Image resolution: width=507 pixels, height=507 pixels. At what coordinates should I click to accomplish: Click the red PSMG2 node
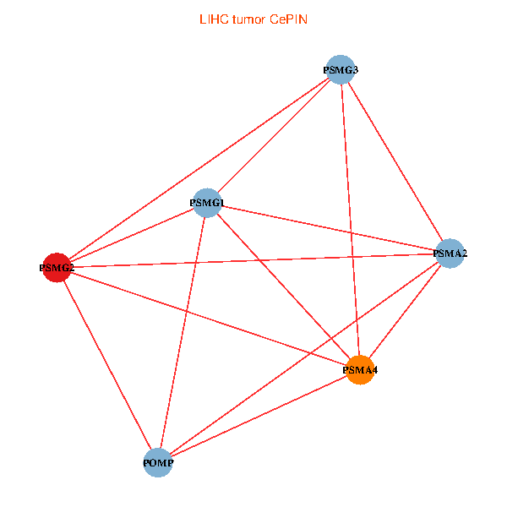57,268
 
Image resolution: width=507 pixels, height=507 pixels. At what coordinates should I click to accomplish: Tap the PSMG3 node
340,69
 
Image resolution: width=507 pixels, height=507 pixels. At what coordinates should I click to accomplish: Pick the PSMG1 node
207,203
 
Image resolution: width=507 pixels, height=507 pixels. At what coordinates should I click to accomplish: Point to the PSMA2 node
450,253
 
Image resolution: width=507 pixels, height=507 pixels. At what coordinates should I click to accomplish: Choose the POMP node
158,463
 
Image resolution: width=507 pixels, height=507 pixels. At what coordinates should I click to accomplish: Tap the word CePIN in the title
289,19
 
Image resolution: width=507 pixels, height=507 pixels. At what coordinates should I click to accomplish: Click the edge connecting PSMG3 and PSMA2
395,161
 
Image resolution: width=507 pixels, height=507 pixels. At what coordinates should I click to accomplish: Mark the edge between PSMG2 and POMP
107,365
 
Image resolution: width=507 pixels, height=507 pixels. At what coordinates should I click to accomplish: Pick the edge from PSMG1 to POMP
183,333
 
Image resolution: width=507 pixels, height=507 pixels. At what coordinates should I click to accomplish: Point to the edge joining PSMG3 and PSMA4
350,220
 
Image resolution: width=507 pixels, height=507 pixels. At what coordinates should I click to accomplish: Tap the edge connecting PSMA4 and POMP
259,417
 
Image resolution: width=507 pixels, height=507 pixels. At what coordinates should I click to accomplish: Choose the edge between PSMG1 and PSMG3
273,136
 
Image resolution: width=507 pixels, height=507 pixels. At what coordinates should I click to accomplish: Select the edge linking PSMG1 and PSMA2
328,228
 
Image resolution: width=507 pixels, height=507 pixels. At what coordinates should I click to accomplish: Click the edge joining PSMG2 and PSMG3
198,169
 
